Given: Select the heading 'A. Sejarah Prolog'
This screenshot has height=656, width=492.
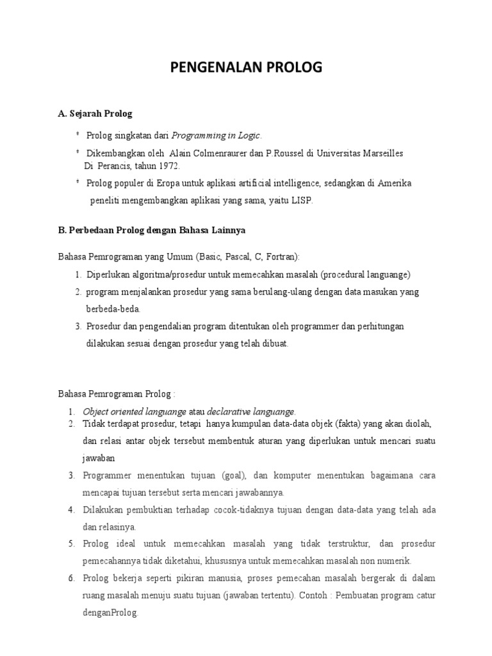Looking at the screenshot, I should [95, 113].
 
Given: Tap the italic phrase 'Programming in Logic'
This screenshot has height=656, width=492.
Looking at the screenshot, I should [217, 135].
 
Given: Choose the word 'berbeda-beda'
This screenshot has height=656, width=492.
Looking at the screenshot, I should [112, 308].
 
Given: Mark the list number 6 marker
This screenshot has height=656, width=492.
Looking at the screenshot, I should [72, 578].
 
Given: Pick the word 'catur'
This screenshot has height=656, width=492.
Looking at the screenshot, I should [425, 595].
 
